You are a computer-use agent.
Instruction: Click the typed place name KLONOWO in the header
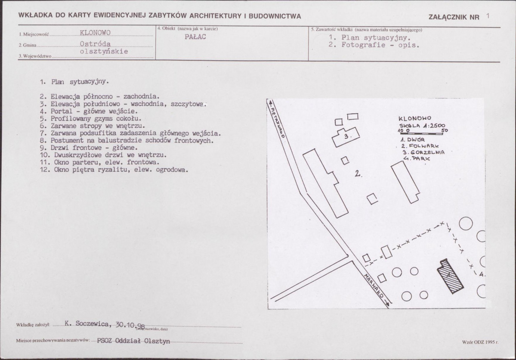pos(95,33)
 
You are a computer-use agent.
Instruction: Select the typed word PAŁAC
pos(195,37)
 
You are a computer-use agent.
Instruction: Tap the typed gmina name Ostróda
pos(95,44)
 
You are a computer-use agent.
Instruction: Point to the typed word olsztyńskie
pos(104,51)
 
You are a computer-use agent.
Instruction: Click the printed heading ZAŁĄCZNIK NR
pos(454,17)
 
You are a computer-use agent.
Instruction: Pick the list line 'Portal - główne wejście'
pos(89,112)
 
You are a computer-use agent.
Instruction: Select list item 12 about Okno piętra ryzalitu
pos(114,170)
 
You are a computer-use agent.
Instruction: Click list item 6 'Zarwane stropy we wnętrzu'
pos(93,126)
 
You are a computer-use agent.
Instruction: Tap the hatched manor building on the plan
pos(450,276)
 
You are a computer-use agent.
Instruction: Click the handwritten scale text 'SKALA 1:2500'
pos(422,125)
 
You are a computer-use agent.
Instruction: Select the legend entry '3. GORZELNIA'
pos(423,152)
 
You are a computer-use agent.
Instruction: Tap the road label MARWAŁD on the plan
pos(374,285)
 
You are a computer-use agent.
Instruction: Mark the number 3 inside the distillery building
pos(347,136)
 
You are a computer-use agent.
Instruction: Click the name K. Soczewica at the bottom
pos(87,324)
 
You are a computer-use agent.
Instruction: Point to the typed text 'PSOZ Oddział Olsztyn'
pos(133,341)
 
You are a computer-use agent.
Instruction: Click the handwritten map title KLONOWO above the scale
pos(414,118)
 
